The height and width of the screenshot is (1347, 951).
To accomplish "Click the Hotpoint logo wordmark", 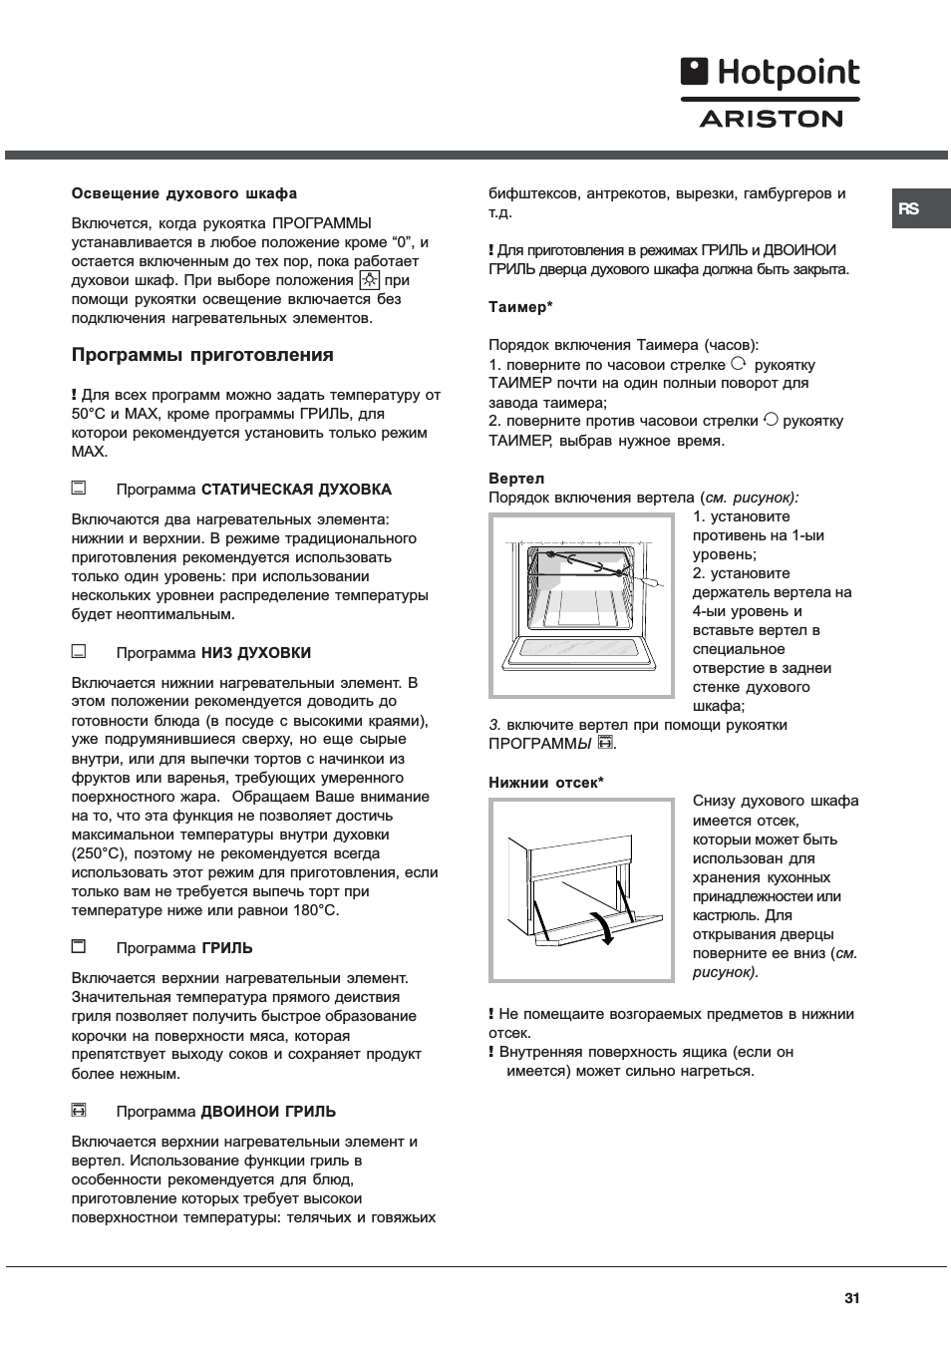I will pos(770,74).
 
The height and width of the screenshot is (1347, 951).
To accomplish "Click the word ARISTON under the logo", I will pos(771,119).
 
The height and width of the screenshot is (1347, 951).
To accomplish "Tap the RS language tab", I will pos(908,209).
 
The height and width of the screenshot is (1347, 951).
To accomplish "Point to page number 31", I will pos(851,1298).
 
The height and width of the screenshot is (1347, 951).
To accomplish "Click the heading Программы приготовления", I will pos(202,355).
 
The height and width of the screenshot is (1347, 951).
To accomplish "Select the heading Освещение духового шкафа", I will pos(183,193).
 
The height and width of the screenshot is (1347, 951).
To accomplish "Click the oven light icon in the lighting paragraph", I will pos(369,281).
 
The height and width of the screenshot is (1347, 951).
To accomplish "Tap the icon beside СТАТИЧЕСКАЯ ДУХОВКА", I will pos(79,489).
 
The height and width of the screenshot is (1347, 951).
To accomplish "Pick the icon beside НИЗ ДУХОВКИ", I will pos(79,652).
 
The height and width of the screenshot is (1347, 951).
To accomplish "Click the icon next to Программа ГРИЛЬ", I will pos(79,946).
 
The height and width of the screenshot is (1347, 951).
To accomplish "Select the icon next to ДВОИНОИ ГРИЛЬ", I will pos(79,1110).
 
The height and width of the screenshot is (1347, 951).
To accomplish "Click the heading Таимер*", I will pos(520,307).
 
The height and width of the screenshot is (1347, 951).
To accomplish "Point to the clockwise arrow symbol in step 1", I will pos(739,364).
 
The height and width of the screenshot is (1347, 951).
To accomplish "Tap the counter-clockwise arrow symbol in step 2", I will pos(771,421).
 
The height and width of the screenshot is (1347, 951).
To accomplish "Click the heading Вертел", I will pos(516,479).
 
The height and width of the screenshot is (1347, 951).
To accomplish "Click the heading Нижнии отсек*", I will pos(546,783).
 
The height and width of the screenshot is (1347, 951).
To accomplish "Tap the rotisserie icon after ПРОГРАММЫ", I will pos(604,743).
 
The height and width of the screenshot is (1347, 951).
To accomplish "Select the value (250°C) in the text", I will pos(100,853).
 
